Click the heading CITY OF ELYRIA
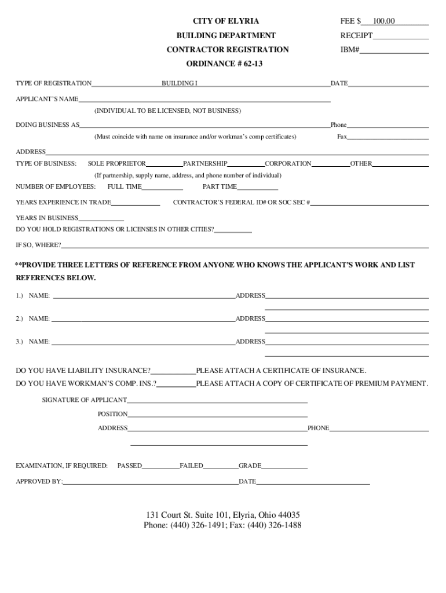point(226,21)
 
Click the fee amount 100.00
point(383,21)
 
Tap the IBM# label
point(350,50)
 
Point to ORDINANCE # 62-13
point(224,64)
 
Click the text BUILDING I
point(179,83)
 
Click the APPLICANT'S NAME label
point(47,99)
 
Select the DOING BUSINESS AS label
point(47,125)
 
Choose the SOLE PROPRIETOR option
point(117,163)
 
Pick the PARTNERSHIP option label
point(205,163)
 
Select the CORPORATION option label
point(288,163)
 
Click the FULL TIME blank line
point(162,188)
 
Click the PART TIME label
point(220,186)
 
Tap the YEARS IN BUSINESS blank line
point(101,219)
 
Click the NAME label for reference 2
point(39,319)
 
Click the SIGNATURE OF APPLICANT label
point(85,400)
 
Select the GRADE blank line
point(284,467)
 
